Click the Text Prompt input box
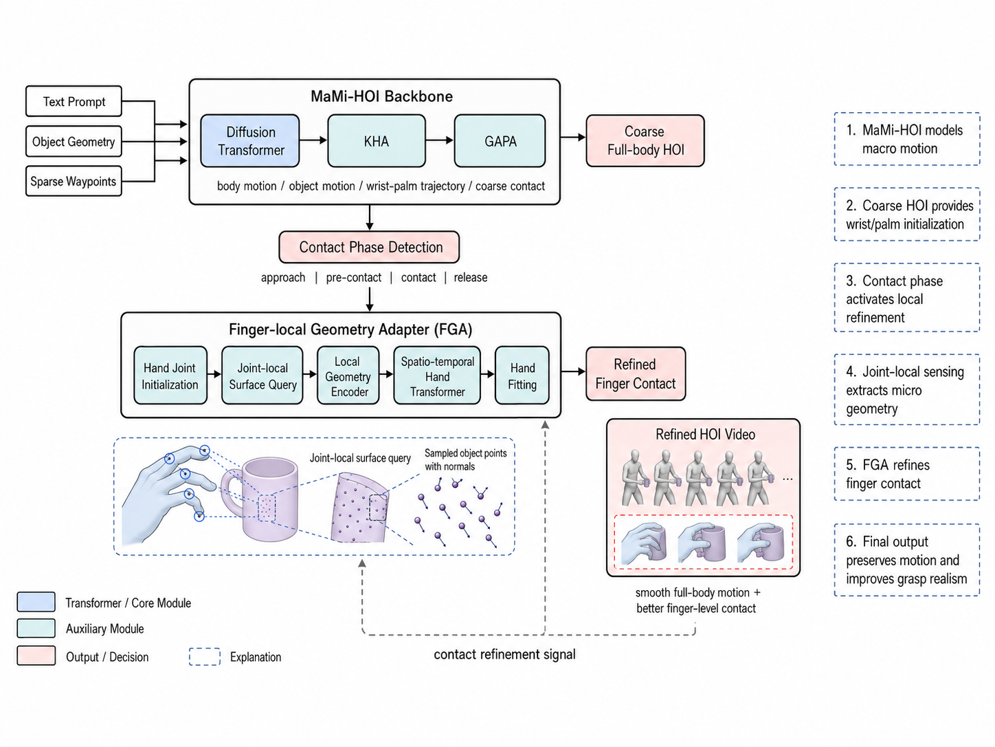point(74,101)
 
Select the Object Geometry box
point(74,142)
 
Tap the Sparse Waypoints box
point(74,181)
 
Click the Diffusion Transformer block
point(250,141)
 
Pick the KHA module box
point(377,141)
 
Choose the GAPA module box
point(500,141)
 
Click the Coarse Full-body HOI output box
point(645,140)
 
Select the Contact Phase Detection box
point(370,247)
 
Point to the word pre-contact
point(354,277)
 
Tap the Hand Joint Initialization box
point(170,376)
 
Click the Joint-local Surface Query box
point(262,376)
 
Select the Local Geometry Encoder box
point(348,376)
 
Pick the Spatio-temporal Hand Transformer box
point(437,376)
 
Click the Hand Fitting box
point(522,376)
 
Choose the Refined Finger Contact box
point(636,373)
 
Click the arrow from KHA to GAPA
point(440,140)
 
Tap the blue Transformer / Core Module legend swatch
point(36,602)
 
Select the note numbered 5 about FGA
point(906,474)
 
